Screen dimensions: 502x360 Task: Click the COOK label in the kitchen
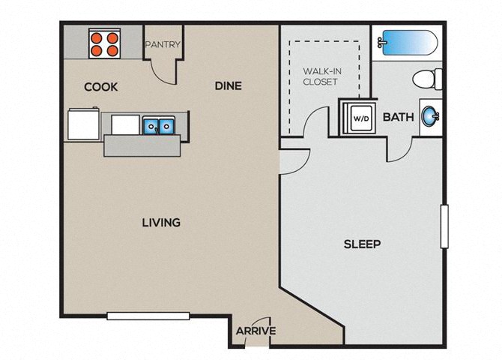[x=101, y=87]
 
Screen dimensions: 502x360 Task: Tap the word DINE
[x=229, y=86]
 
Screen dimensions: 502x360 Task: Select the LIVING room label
[x=161, y=223]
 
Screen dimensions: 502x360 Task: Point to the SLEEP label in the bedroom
[x=363, y=244]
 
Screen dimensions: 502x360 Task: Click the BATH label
[x=399, y=117]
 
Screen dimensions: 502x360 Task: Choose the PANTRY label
[x=163, y=44]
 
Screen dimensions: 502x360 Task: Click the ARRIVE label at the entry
[x=255, y=331]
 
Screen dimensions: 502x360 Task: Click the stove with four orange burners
[x=104, y=43]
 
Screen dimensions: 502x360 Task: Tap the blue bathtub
[x=408, y=43]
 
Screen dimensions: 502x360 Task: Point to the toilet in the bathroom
[x=427, y=79]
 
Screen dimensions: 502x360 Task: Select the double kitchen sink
[x=159, y=125]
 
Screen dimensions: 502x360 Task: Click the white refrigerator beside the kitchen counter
[x=84, y=124]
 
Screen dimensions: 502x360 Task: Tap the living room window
[x=148, y=316]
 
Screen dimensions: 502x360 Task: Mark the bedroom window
[x=444, y=226]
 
